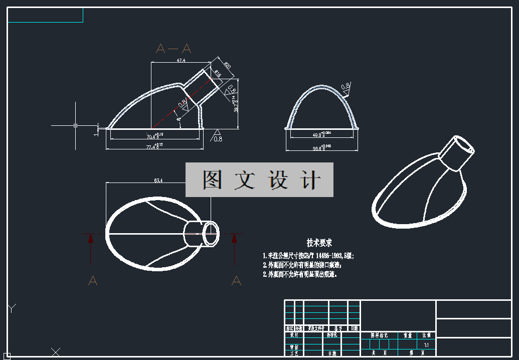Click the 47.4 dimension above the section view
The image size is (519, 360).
[x=181, y=60]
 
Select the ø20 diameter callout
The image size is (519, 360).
[x=227, y=66]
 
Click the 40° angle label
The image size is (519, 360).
[x=179, y=119]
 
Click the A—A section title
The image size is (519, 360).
[x=174, y=49]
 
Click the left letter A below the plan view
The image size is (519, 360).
[x=93, y=281]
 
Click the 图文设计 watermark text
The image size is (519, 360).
[x=260, y=179]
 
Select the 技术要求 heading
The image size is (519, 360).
[x=319, y=243]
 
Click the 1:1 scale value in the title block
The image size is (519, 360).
[x=426, y=345]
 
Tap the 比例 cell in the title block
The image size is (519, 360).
[x=426, y=335]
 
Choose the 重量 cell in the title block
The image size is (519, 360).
[x=405, y=335]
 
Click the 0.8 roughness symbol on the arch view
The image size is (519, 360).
[x=345, y=86]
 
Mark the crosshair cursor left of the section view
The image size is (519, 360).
[x=75, y=125]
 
